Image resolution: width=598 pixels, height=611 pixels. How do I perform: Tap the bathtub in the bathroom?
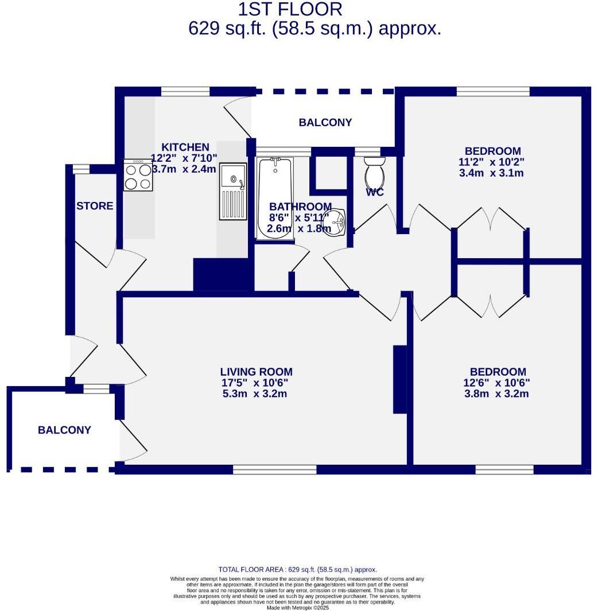coord(275,198)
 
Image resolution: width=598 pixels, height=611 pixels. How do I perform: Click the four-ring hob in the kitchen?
coord(138,176)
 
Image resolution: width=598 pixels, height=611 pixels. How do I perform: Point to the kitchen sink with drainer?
coord(233,191)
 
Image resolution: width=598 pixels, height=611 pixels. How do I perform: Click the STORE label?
coord(95,206)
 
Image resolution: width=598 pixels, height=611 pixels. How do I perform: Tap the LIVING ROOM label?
coord(257,372)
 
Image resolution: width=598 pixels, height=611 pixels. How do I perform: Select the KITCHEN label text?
coord(185,147)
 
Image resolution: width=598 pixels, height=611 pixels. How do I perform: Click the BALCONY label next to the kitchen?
coord(325,122)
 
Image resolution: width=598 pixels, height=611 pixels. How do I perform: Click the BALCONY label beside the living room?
coord(64,430)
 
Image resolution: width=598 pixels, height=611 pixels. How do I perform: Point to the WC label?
coord(375,192)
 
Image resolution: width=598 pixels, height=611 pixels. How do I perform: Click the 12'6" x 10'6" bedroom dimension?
coord(496,383)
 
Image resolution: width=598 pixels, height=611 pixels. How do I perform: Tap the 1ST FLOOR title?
coord(290,9)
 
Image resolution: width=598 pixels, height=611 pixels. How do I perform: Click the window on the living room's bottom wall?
coord(274,469)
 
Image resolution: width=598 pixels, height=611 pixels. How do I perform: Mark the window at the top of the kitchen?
coord(185,91)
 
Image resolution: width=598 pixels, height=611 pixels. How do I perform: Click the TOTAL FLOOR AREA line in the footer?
coord(298,570)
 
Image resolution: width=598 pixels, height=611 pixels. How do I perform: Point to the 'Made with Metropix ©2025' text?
coord(298,608)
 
